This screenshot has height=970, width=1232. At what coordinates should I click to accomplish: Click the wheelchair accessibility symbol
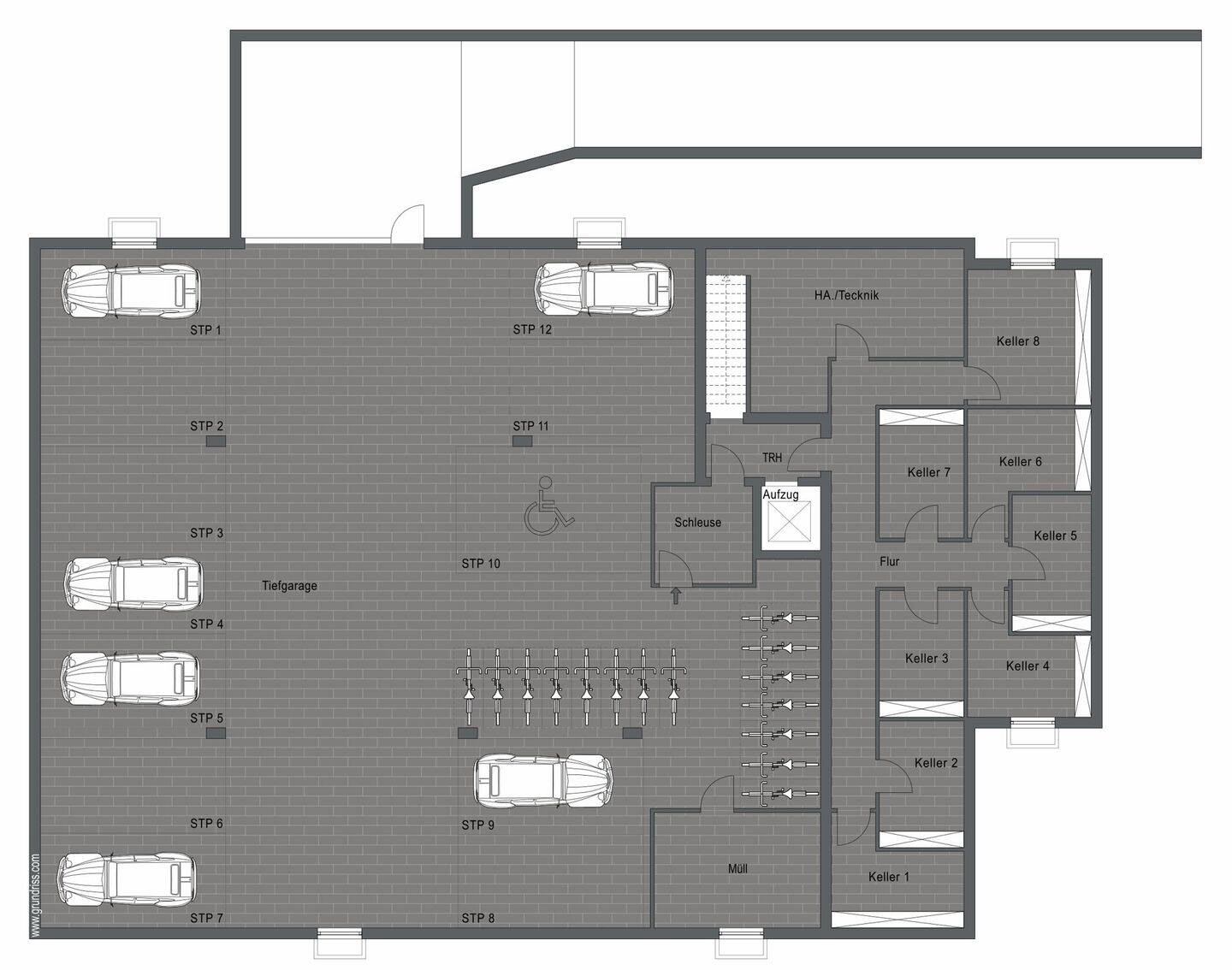coord(548,509)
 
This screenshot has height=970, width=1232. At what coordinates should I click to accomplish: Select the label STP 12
coord(532,329)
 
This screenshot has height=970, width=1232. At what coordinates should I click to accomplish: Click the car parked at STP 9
coord(544,781)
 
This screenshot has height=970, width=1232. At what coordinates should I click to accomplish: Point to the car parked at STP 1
coord(131,291)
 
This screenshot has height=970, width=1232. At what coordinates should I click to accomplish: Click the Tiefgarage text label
coord(289,586)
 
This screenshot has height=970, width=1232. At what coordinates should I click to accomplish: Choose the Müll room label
coord(737,868)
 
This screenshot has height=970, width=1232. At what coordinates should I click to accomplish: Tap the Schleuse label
coord(697,522)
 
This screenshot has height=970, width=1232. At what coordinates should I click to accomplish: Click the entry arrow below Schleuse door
coord(676,595)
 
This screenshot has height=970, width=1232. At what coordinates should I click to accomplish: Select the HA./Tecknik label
coord(846,295)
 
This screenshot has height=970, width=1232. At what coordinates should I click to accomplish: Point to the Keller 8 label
coord(1018,340)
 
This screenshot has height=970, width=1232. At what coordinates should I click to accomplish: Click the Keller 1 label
coord(889,877)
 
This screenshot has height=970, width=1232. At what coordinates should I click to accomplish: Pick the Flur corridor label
coord(889,562)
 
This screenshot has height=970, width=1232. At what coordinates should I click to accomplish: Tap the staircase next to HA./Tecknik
coord(726,346)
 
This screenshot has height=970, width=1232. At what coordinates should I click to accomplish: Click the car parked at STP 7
coord(126,878)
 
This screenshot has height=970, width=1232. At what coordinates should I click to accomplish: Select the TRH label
coord(772,458)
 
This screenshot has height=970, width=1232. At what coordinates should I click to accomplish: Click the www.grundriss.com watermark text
coord(35,895)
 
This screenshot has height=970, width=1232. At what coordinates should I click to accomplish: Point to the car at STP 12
coord(604,290)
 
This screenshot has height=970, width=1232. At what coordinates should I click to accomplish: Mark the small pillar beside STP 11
coord(522,441)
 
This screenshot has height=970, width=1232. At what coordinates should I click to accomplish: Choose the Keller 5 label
coord(1055,535)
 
